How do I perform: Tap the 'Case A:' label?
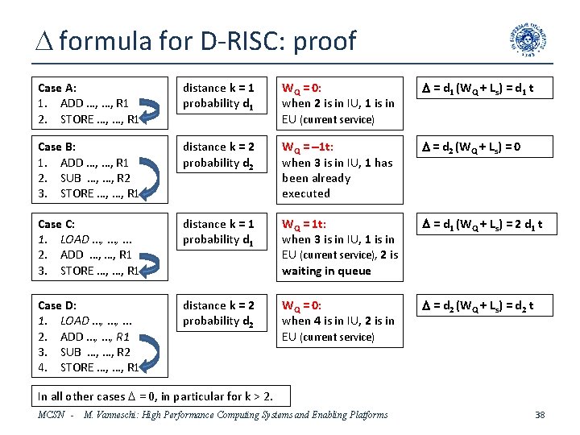point(57,87)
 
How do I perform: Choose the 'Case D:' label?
point(57,305)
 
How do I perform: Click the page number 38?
point(540,415)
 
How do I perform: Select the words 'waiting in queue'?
point(326,271)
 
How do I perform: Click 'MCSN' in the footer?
point(52,415)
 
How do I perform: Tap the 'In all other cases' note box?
point(156,396)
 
